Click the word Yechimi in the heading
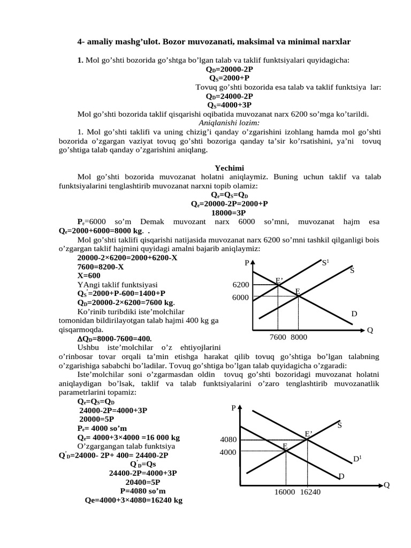pyautogui.click(x=229, y=168)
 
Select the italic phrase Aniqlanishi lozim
pyautogui.click(x=229, y=122)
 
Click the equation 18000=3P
pyautogui.click(x=229, y=212)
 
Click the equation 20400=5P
pyautogui.click(x=143, y=482)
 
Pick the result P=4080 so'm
pyautogui.click(x=143, y=491)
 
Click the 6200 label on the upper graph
pyautogui.click(x=241, y=285)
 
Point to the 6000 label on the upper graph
pyautogui.click(x=241, y=298)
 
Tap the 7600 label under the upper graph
pyautogui.click(x=278, y=338)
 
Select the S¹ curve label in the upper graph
pyautogui.click(x=325, y=262)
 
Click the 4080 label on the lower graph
pyautogui.click(x=229, y=440)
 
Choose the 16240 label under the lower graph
pyautogui.click(x=310, y=492)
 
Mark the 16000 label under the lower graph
pyautogui.click(x=285, y=492)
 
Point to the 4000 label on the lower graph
pyautogui.click(x=229, y=452)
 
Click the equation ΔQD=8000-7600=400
pyautogui.click(x=115, y=338)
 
